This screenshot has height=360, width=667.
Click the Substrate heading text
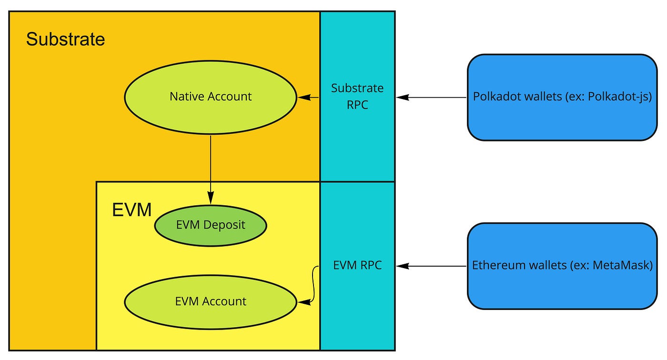point(65,39)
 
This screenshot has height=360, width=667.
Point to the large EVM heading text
point(131,210)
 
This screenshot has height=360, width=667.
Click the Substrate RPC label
point(357,96)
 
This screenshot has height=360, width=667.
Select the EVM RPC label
point(357,265)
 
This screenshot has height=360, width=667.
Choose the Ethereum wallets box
point(562,286)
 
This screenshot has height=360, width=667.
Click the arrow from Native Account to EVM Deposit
point(210,167)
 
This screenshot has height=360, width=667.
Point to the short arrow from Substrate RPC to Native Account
point(309,98)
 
